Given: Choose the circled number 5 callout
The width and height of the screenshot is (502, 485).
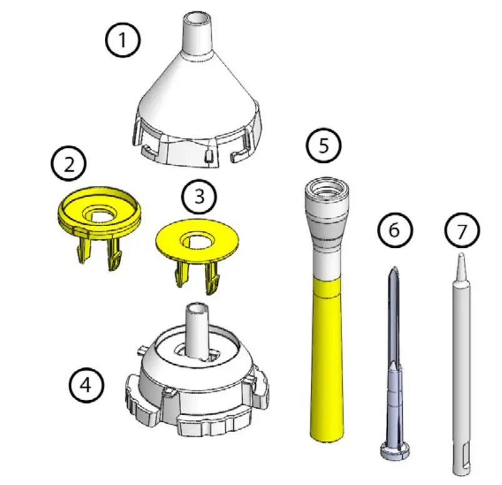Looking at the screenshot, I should coord(323,146).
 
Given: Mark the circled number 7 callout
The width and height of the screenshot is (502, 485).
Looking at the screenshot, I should coord(462,232).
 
